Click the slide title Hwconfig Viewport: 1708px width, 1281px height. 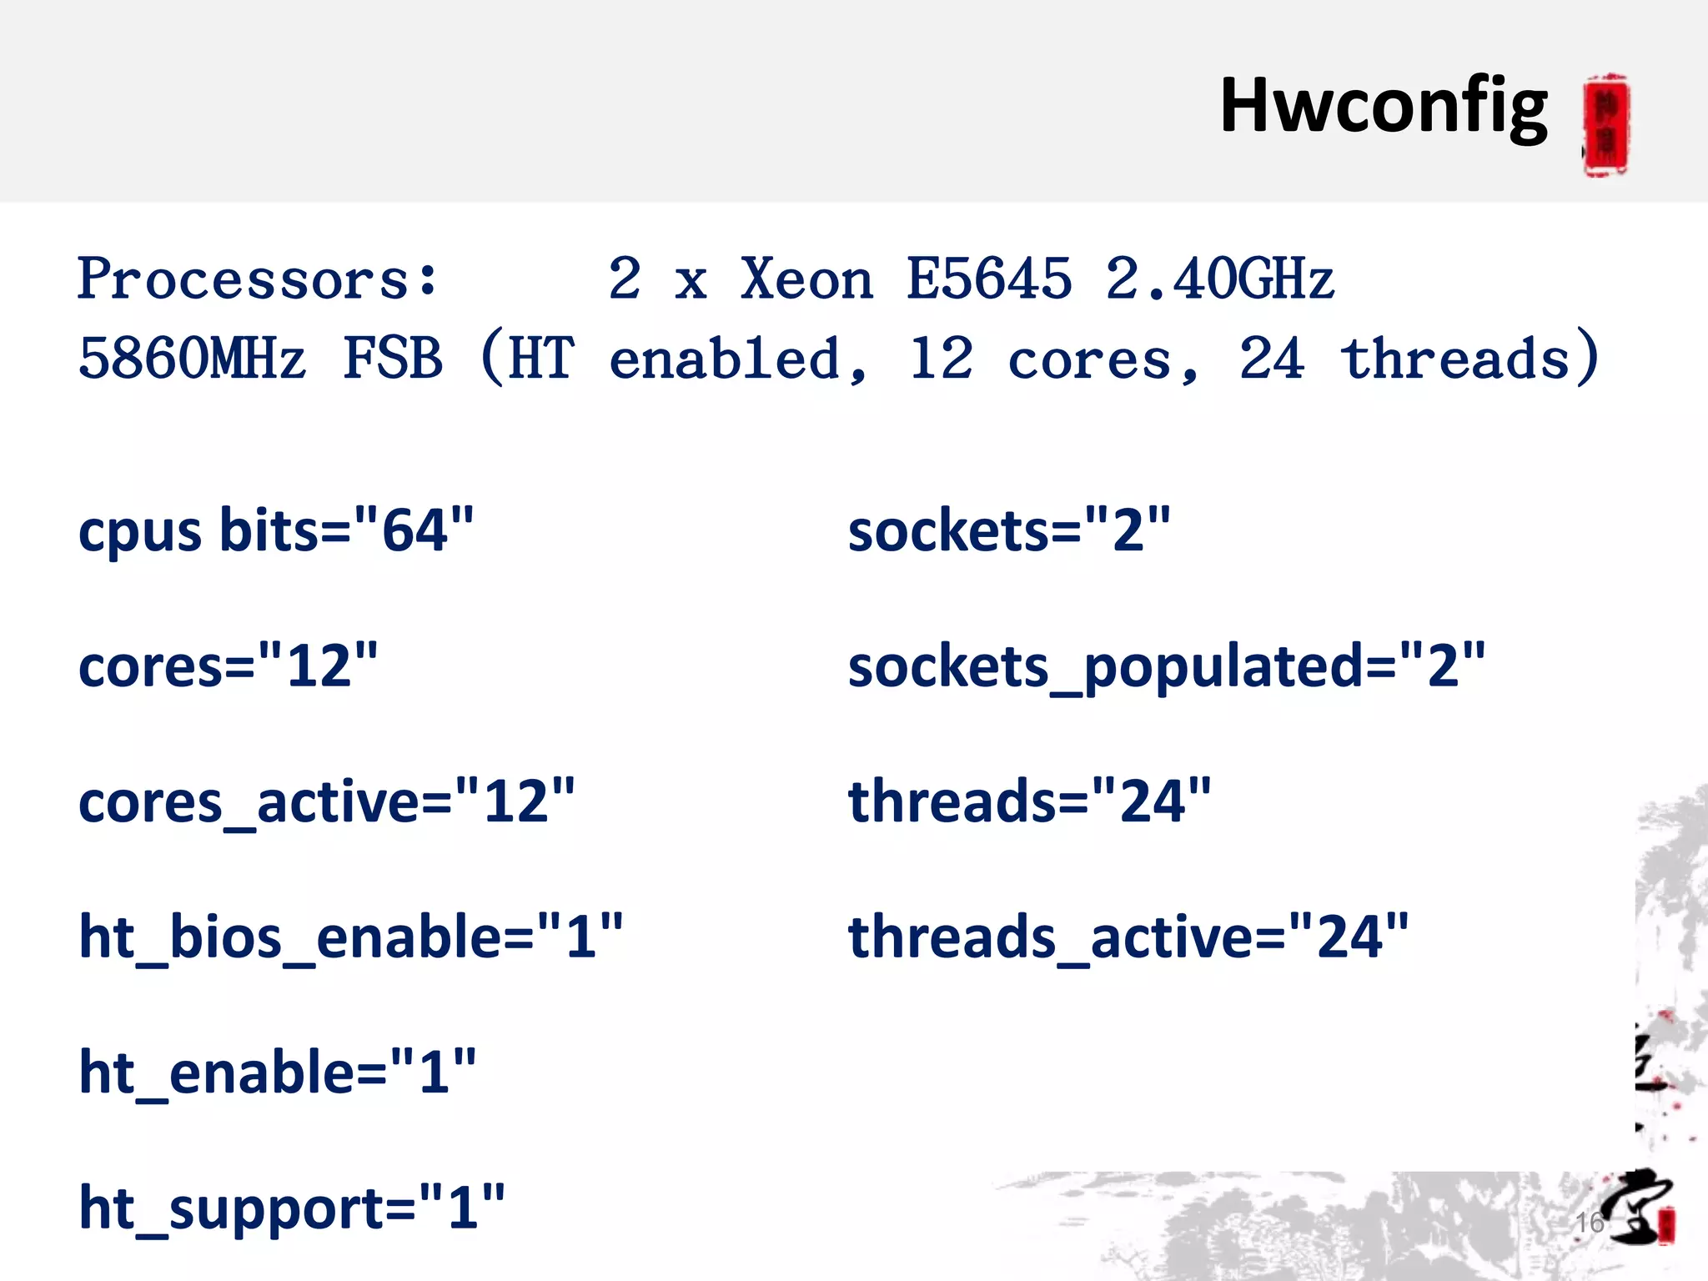tap(1383, 107)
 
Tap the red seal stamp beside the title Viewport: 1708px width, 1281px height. tap(1606, 125)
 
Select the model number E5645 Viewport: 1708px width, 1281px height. tap(989, 279)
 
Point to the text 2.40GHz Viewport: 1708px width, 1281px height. tap(1219, 279)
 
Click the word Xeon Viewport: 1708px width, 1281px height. tap(806, 279)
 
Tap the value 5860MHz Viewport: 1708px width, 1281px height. tap(192, 359)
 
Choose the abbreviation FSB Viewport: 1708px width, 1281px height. tap(393, 359)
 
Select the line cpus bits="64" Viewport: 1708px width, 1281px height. tap(276, 530)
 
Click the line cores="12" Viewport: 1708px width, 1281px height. tap(228, 666)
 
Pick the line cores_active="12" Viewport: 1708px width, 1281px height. tap(326, 801)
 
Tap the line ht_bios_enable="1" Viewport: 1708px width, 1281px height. tap(350, 937)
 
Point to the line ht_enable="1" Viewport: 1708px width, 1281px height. tap(277, 1073)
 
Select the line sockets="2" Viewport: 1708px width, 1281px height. tap(1009, 530)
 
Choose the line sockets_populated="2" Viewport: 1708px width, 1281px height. tap(1166, 666)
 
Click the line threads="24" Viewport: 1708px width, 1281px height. tap(1029, 801)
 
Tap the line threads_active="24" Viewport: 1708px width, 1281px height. tap(1128, 937)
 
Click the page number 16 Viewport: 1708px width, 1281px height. tap(1590, 1223)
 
